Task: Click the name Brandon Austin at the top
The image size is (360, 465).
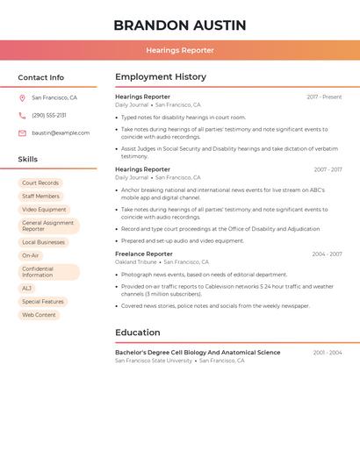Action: point(180,25)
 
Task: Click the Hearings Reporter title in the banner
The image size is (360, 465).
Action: point(180,50)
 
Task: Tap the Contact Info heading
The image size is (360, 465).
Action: point(40,77)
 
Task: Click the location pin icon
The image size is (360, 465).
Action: point(22,98)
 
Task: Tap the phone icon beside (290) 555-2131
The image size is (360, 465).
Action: point(22,116)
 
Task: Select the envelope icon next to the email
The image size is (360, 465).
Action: point(22,133)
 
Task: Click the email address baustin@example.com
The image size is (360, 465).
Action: point(61,133)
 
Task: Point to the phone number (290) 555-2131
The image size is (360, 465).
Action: point(49,116)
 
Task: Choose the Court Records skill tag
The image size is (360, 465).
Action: point(40,183)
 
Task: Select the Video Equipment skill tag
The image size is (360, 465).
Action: point(44,210)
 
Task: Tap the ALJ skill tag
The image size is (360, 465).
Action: point(27,289)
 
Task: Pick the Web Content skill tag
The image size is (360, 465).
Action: point(39,315)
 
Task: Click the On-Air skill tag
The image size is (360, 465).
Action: point(31,255)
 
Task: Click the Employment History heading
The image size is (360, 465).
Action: point(161,77)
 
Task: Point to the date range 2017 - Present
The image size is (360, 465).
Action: point(324,97)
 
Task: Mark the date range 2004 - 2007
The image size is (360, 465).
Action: point(327,254)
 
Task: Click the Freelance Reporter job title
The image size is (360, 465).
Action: point(144,254)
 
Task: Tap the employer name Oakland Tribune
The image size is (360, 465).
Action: point(136,262)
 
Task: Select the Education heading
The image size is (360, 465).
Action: point(138,333)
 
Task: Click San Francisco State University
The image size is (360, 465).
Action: point(154,361)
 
